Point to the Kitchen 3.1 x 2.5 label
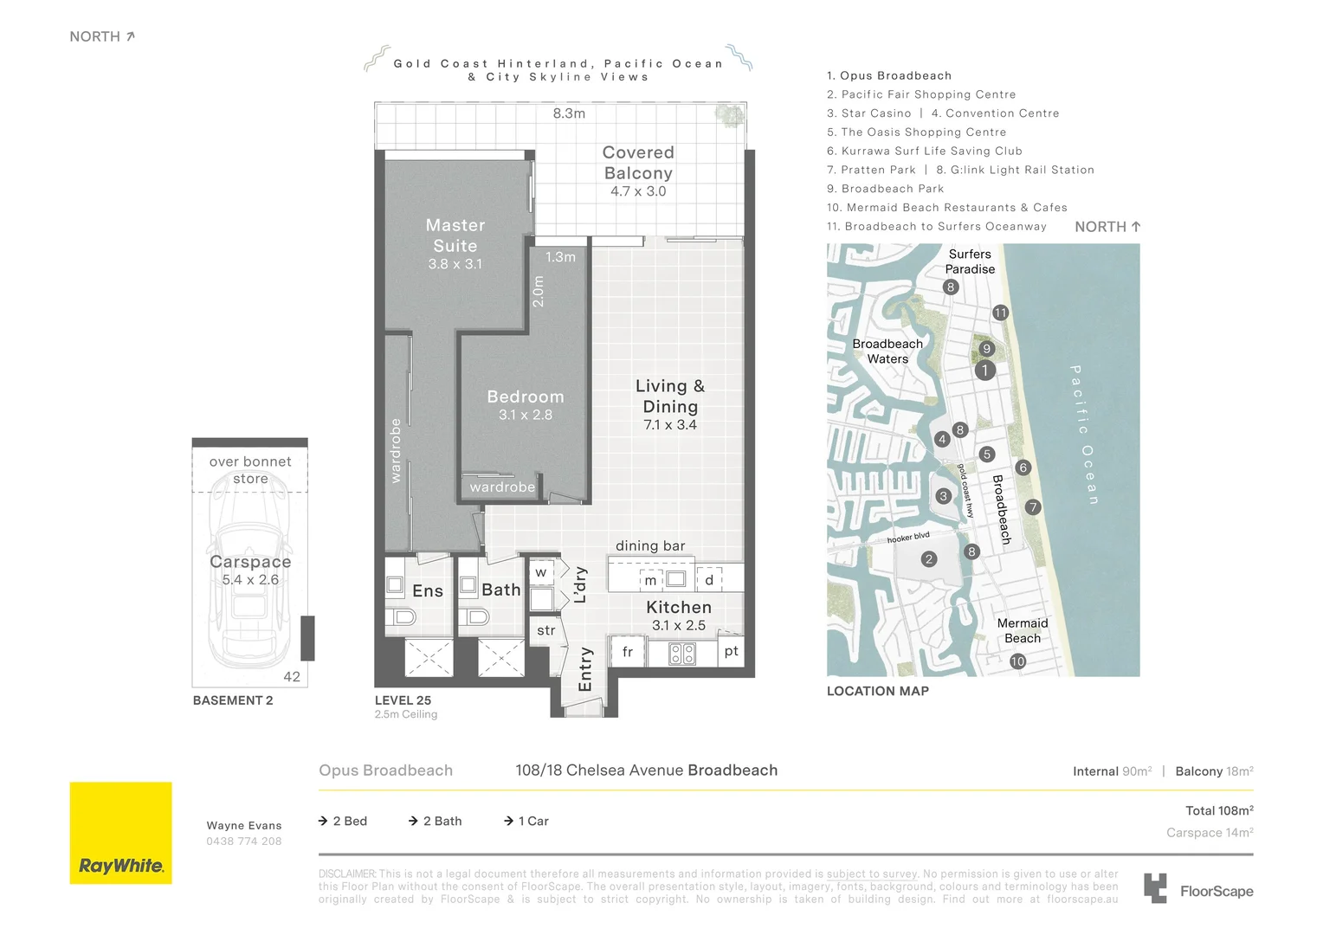[679, 616]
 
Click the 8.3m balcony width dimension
[569, 113]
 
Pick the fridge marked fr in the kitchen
[627, 652]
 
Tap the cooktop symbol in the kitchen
[682, 654]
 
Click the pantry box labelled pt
[731, 651]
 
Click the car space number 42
[292, 677]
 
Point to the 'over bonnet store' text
[250, 470]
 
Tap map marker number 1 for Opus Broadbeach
[984, 371]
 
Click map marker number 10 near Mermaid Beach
[1017, 661]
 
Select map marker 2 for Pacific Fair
[929, 558]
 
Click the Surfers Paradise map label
[970, 261]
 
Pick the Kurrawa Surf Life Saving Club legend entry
[925, 152]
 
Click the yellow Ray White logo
[121, 833]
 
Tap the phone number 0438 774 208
[244, 841]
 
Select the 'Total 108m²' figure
[1219, 810]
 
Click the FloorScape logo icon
[1155, 888]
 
